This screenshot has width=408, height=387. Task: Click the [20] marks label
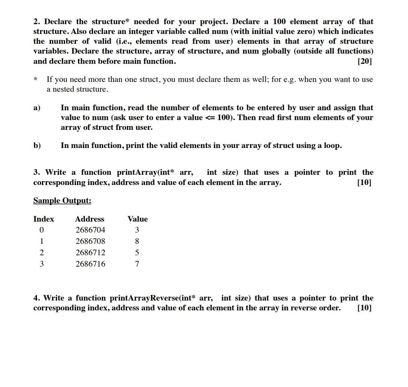[364, 61]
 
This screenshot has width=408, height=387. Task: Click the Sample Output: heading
[62, 200]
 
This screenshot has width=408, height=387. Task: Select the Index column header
[43, 219]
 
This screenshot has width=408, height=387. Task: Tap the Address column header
[90, 219]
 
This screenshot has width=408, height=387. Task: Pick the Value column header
[138, 219]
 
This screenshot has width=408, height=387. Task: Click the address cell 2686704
[90, 230]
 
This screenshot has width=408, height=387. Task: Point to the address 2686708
[90, 241]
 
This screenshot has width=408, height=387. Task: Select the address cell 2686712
[90, 253]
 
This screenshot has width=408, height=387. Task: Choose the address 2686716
[90, 264]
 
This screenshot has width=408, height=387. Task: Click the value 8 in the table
[137, 241]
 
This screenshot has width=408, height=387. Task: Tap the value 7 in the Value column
[137, 264]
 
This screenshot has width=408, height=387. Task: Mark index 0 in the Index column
[42, 230]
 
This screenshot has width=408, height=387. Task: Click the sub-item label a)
[37, 108]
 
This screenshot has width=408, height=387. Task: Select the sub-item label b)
[37, 146]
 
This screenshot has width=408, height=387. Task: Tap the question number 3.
[37, 173]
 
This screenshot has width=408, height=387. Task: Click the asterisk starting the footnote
[36, 80]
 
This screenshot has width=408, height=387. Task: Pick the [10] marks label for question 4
[364, 308]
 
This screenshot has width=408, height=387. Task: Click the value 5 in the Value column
[137, 253]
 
